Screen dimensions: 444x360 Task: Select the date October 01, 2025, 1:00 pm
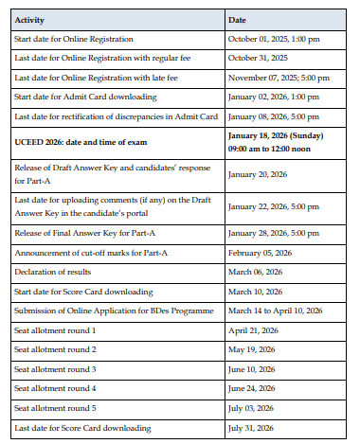click(274, 39)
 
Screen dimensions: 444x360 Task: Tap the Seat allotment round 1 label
click(55, 329)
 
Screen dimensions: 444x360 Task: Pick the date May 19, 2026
click(251, 349)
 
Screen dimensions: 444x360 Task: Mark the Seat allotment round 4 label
click(55, 388)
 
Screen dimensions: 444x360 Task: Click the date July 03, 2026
click(251, 408)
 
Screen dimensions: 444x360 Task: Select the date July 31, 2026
click(251, 428)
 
